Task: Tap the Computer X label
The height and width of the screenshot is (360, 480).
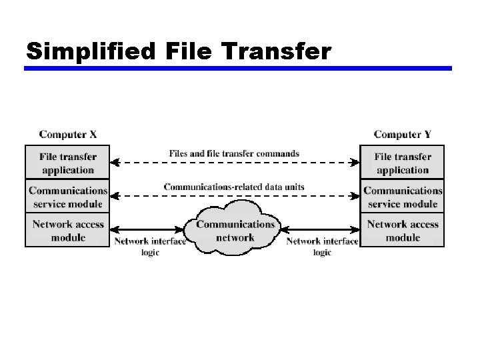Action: (x=68, y=135)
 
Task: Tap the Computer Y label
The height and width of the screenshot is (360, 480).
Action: (x=403, y=135)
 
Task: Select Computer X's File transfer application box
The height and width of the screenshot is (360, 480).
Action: (x=67, y=163)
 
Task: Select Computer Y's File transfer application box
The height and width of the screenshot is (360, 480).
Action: (x=403, y=163)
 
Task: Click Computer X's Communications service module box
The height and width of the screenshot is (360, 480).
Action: (x=67, y=197)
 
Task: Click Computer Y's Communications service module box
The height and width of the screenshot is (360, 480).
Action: (x=403, y=197)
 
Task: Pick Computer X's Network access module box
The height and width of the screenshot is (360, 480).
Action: (x=67, y=231)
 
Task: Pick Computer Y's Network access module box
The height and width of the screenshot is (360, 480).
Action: (x=403, y=231)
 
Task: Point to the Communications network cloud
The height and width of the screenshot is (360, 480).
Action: (x=235, y=231)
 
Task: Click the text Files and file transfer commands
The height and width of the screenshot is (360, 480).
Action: (x=234, y=153)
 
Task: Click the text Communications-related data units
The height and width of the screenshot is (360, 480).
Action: (x=234, y=187)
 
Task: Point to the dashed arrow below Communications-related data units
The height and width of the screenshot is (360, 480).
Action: (x=234, y=195)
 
